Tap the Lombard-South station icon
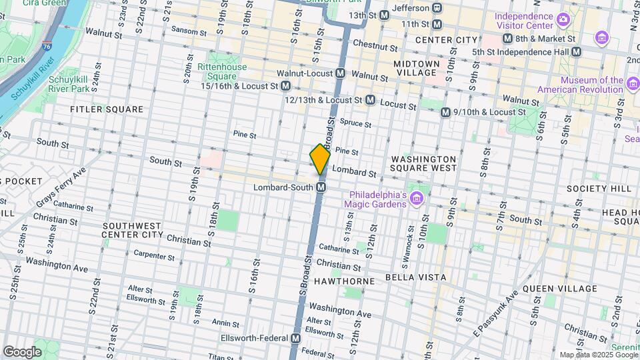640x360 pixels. pos(321,187)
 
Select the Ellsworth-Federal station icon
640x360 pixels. pos(295,339)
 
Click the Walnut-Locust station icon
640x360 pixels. pos(340,73)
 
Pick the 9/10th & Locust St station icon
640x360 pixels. pos(445,112)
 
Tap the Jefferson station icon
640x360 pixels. pos(437,7)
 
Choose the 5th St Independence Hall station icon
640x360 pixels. pos(577,51)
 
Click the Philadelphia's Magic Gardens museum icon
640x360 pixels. pos(417,198)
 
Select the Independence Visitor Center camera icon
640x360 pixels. pos(563,20)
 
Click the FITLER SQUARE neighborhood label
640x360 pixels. pos(107,109)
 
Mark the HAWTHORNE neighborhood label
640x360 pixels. pos(350,281)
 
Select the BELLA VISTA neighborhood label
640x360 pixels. pos(415,277)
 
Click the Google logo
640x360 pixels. pos(22,351)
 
